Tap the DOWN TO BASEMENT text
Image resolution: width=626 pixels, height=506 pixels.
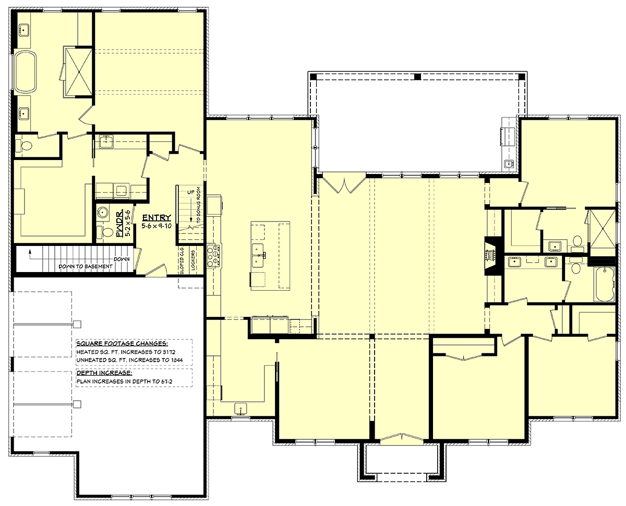coord(85,266)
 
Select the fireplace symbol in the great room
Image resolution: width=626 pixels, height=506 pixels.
coord(491,255)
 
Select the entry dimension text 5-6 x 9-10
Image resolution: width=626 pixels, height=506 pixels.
coord(156,227)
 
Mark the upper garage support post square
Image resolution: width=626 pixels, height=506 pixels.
coord(77,324)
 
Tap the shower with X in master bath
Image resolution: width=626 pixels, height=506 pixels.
coord(78,71)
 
